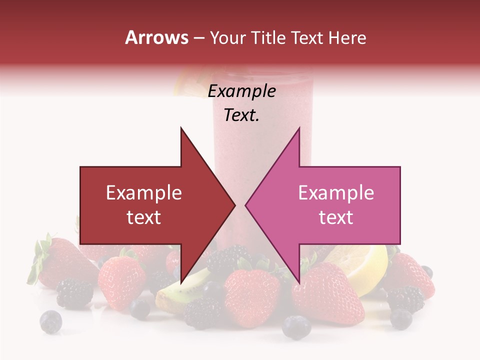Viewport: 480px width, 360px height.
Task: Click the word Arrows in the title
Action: (x=156, y=37)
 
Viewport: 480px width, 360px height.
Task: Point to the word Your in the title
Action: (x=227, y=37)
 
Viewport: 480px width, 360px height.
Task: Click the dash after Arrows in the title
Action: (x=199, y=38)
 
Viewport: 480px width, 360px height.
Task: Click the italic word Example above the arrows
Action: (x=241, y=91)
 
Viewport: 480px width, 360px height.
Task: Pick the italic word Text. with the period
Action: (x=241, y=115)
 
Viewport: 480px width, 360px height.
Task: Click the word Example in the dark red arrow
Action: (x=143, y=193)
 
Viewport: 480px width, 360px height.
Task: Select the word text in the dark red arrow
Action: (x=143, y=217)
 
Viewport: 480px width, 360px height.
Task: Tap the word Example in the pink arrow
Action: (x=336, y=193)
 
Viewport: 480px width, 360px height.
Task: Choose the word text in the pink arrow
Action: (x=336, y=217)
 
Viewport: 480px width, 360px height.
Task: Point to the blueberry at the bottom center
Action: (x=296, y=326)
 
